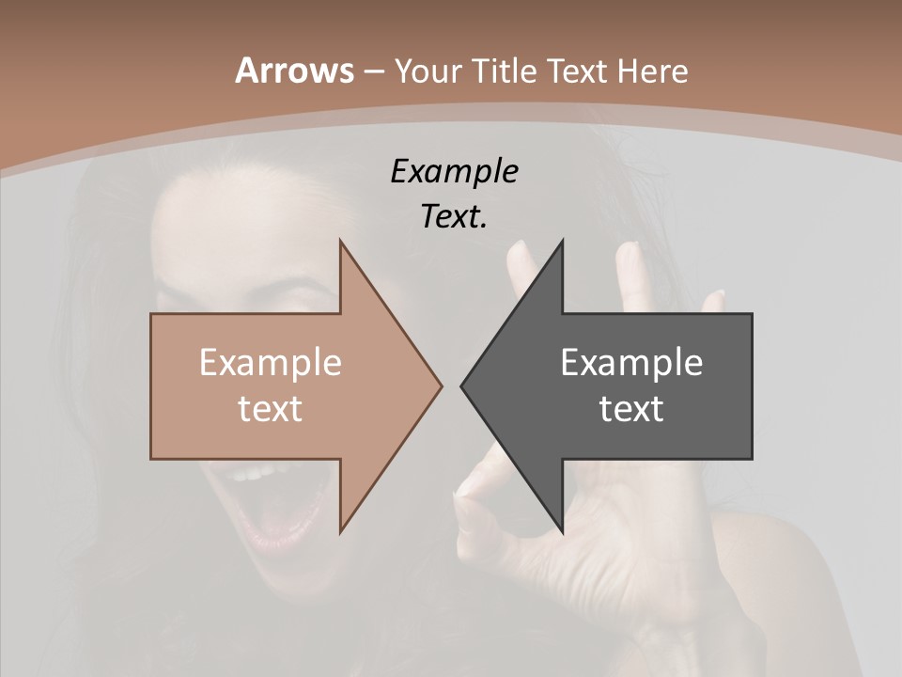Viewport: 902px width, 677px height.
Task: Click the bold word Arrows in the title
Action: click(293, 71)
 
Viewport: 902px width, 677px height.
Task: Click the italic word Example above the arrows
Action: click(454, 172)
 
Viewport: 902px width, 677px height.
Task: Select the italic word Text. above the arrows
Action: click(454, 217)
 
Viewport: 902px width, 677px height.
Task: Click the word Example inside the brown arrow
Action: click(270, 363)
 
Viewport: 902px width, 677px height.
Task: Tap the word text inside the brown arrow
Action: click(270, 409)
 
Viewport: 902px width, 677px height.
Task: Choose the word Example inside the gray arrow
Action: click(631, 363)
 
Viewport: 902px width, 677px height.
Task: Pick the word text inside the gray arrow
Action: click(631, 409)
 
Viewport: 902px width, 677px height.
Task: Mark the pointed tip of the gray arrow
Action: click(462, 386)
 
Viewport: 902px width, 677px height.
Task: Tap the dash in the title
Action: click(373, 71)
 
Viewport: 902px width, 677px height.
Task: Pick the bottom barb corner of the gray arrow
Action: click(562, 531)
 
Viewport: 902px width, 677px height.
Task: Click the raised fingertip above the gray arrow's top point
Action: click(519, 249)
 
